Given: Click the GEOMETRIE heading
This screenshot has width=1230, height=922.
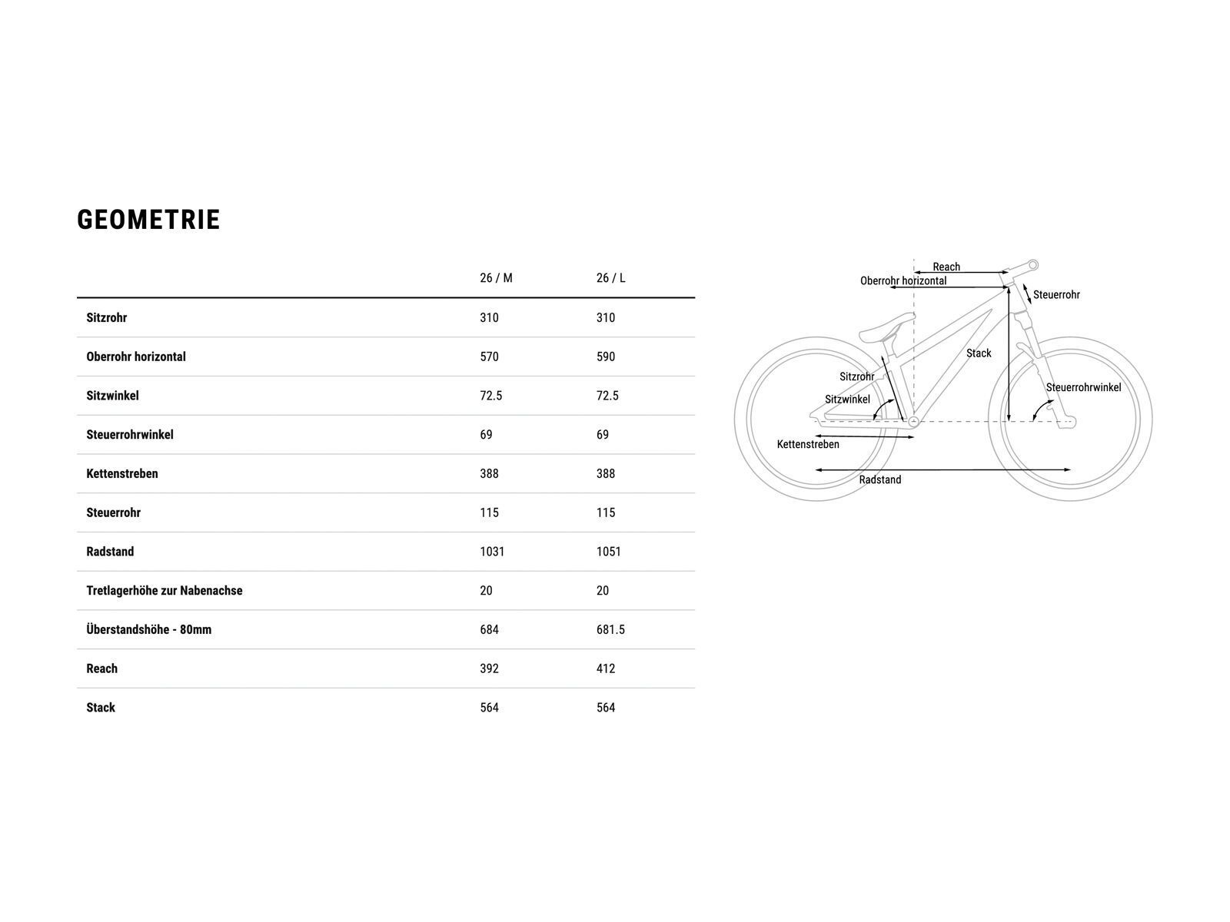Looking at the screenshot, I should coord(148,220).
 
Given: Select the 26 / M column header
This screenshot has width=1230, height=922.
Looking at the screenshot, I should coord(496,278).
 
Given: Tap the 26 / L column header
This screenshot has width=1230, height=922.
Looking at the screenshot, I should coord(610,278).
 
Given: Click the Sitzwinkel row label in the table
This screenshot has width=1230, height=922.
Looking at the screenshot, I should coord(112,396).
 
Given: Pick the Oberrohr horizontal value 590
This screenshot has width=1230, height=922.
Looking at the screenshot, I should coord(606,357).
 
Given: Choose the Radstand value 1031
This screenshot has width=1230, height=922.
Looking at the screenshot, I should coord(492,552).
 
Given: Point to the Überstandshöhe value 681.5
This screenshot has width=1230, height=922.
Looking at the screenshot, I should coord(610,629).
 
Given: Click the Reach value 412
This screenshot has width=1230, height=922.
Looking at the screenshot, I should coord(606,668).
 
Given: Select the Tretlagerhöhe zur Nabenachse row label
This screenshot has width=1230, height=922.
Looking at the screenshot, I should coord(164,591).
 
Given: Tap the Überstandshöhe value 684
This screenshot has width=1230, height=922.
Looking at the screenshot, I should coord(489,629).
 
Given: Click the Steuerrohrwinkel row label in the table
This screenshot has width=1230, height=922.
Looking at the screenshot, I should coord(130,435).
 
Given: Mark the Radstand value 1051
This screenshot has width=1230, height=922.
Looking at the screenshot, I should coord(608,552).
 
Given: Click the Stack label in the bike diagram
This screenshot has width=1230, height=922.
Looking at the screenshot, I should coord(979,353).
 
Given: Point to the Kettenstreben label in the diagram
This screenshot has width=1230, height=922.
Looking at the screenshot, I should coord(808,444).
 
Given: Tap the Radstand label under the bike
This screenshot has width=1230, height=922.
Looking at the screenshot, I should coord(880,479).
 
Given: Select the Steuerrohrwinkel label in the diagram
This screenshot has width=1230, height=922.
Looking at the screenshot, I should coord(1083,387).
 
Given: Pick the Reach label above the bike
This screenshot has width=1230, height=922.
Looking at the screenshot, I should coord(946,267).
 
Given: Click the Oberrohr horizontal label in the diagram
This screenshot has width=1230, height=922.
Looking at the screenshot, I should coord(903,281).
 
